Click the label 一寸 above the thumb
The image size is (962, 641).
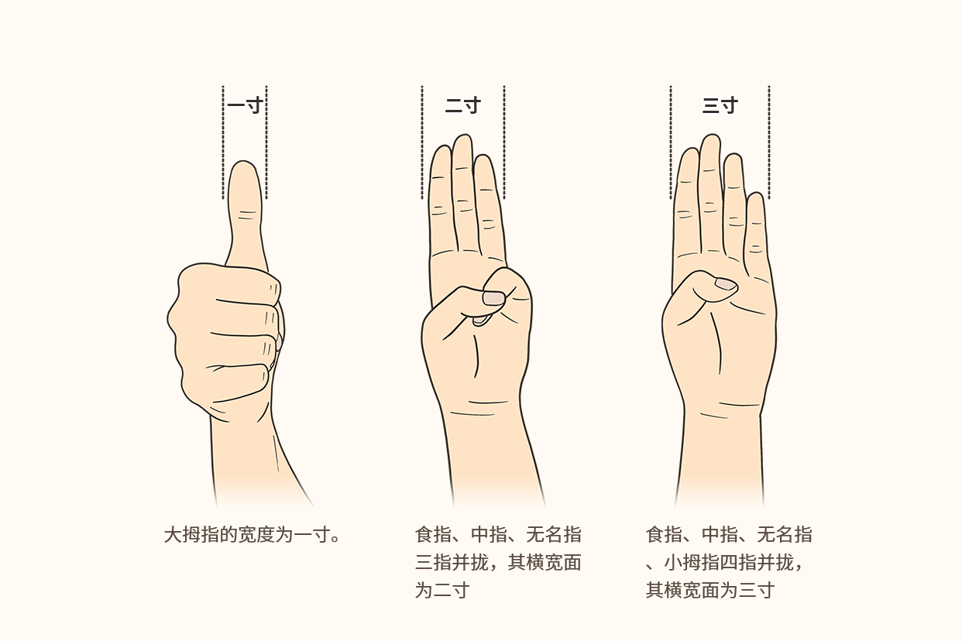(246, 106)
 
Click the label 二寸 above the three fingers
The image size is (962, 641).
(462, 106)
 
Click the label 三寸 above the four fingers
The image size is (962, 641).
(720, 106)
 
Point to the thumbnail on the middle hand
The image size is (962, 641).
(493, 298)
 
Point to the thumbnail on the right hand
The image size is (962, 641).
(725, 284)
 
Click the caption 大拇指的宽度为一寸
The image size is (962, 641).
(252, 535)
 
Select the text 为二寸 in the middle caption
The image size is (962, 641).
(442, 591)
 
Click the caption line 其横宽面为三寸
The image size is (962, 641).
(710, 591)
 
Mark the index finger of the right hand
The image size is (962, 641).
(687, 201)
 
